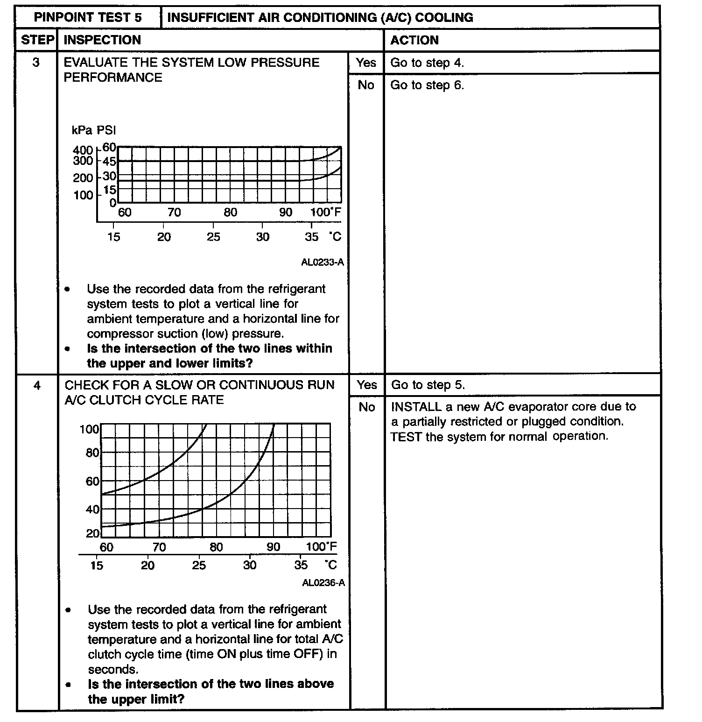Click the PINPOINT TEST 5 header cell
[88, 18]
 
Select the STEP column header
[37, 40]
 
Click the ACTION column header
[414, 40]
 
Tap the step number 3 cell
[36, 63]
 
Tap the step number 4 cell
[37, 385]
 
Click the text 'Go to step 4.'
[427, 63]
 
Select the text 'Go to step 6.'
[427, 85]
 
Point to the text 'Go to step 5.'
[428, 385]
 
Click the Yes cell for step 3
[365, 63]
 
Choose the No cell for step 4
[367, 407]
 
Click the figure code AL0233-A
[323, 262]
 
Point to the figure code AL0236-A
[323, 582]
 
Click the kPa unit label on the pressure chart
[82, 130]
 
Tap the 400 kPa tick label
[83, 150]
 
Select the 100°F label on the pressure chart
[325, 212]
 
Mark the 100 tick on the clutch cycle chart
[89, 429]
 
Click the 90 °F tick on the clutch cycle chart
[274, 547]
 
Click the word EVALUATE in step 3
[96, 63]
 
